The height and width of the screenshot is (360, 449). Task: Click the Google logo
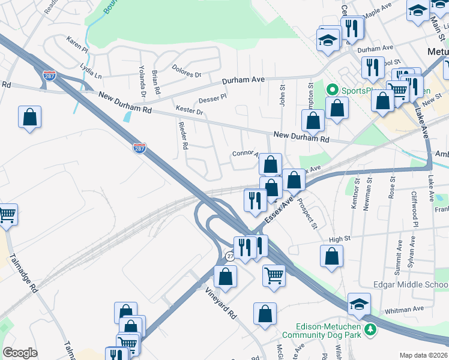(x=20, y=353)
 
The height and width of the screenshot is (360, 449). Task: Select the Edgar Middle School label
(x=410, y=284)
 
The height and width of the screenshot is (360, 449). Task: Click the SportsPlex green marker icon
(x=331, y=90)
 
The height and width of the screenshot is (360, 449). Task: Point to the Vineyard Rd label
(x=220, y=304)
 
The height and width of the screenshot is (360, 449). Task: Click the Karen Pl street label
(x=77, y=45)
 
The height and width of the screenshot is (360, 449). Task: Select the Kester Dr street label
(x=190, y=110)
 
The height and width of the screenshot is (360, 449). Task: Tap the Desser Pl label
(x=213, y=97)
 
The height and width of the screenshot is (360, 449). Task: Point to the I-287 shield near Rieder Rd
(x=139, y=148)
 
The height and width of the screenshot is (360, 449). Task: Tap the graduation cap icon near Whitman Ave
(x=359, y=304)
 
